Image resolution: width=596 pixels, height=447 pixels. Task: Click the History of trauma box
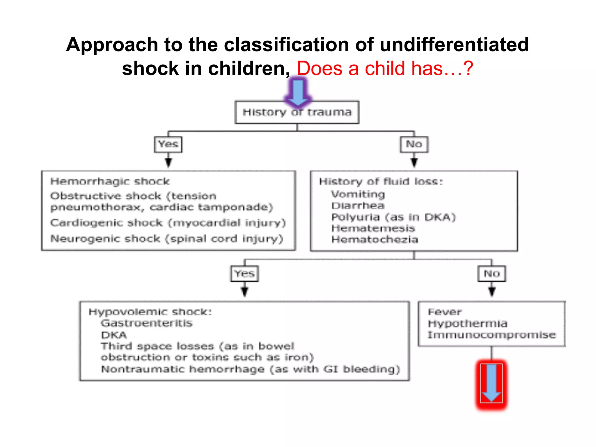click(297, 112)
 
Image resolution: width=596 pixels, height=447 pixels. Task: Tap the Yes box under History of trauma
click(168, 144)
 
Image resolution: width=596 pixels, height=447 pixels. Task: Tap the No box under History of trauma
click(414, 144)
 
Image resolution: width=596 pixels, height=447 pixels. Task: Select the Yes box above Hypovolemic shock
click(244, 274)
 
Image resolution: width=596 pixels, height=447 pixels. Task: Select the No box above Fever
click(492, 274)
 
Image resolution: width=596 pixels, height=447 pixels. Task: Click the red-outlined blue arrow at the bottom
click(491, 384)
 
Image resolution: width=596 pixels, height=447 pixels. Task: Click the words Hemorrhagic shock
click(110, 182)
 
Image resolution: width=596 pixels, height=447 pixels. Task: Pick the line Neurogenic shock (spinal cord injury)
click(166, 239)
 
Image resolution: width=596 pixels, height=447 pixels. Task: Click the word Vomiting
click(358, 194)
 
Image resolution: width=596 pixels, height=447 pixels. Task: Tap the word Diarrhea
click(358, 206)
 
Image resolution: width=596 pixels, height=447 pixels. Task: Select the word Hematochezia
click(375, 240)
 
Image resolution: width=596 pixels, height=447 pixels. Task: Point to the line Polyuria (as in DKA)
click(393, 217)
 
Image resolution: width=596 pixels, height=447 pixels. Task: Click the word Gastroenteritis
click(147, 323)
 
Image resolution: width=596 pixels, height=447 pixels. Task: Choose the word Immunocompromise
click(492, 335)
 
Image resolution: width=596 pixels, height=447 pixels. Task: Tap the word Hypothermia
click(468, 324)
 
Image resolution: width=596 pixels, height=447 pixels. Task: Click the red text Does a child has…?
click(385, 69)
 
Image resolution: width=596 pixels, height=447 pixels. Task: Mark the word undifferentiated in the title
click(454, 45)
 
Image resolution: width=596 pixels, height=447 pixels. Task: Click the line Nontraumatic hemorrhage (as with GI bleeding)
click(250, 369)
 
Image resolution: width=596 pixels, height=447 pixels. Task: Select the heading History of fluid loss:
click(381, 182)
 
